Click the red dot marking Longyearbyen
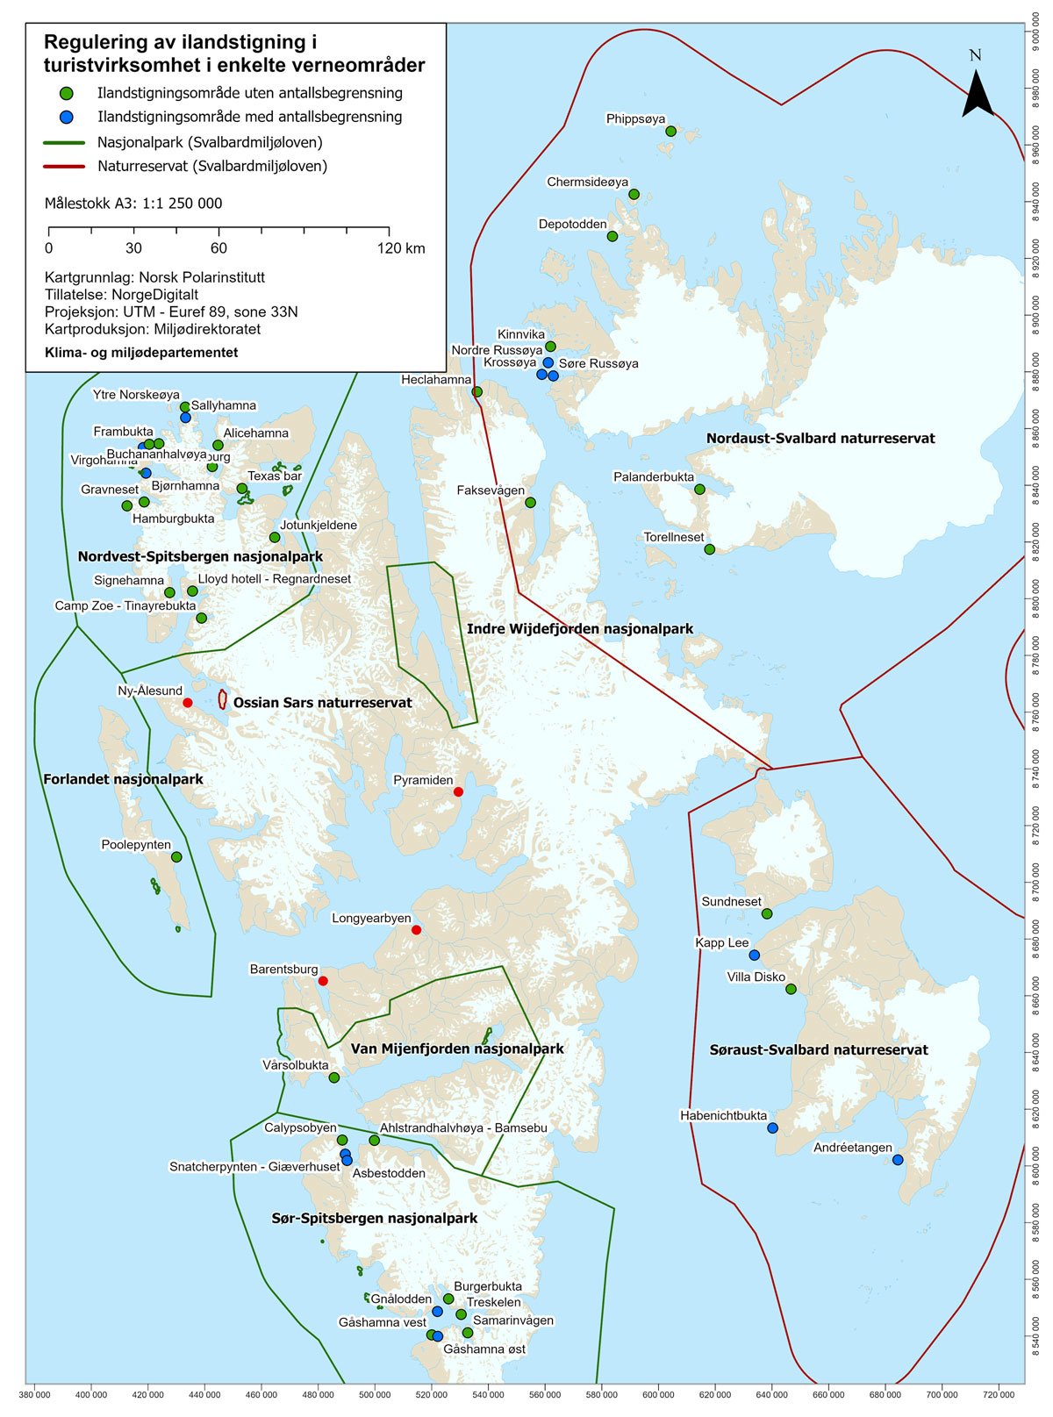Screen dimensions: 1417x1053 416,930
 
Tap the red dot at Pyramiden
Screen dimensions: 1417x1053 458,792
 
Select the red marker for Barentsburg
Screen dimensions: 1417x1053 323,981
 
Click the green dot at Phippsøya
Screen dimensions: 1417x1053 671,132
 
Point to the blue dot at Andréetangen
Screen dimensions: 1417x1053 898,1160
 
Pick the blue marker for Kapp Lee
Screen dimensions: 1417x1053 754,955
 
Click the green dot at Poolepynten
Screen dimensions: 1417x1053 176,857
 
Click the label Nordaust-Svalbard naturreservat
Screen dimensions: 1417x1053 820,439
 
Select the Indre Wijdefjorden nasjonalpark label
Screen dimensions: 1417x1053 580,629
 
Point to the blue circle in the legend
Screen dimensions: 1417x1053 66,117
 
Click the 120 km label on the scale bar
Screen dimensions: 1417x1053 401,249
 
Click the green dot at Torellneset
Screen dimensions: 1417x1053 710,549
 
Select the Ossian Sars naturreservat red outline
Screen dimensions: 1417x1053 223,699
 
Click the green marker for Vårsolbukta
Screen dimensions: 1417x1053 333,1077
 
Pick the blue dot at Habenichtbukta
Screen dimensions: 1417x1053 772,1128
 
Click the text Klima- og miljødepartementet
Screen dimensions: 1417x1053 141,353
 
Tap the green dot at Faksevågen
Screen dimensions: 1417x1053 530,503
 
